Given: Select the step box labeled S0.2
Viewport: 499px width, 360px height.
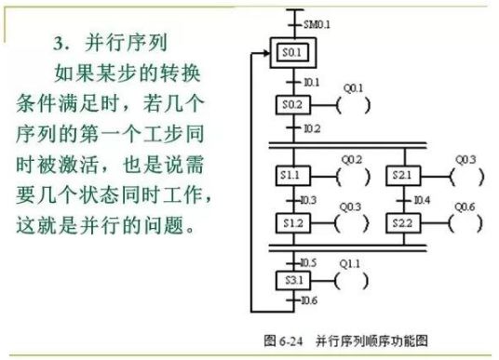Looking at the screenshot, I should tap(293, 104).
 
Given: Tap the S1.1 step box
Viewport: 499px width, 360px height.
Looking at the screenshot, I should tap(293, 175).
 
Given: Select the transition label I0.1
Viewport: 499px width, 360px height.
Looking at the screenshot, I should tap(311, 82).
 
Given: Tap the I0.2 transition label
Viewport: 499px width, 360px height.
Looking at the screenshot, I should tap(311, 127).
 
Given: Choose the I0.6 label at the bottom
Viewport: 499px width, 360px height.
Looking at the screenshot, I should tap(311, 300).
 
